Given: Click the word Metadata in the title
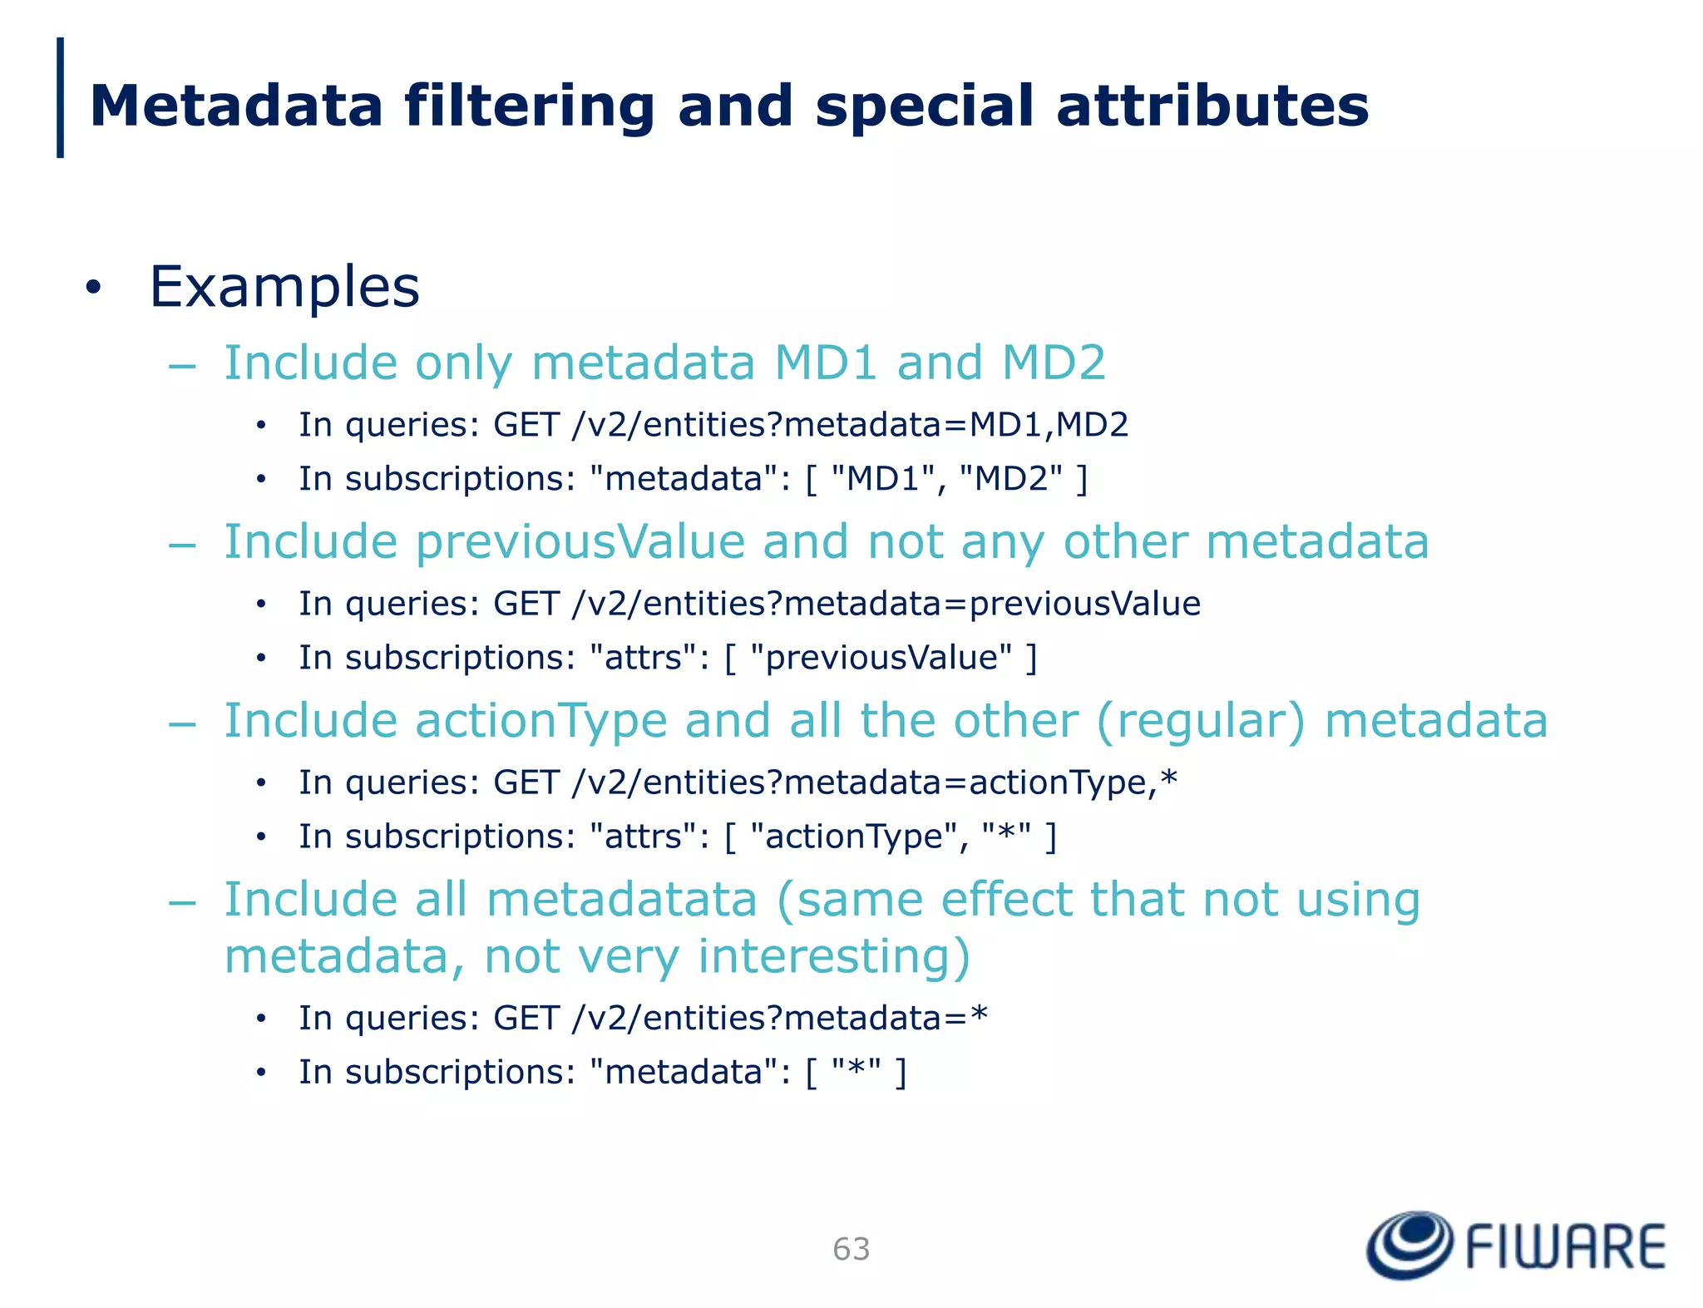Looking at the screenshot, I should (236, 106).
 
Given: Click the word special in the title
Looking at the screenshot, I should (924, 108).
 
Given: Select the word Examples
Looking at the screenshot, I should (284, 287).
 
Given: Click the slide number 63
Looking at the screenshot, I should (851, 1249).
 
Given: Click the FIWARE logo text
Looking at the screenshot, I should (1565, 1247).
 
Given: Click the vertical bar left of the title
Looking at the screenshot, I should (60, 97).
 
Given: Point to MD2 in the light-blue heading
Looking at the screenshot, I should (1054, 363).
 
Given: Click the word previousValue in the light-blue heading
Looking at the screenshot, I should (580, 542).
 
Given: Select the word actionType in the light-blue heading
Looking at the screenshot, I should (541, 721).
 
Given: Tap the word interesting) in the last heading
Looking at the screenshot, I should (834, 956).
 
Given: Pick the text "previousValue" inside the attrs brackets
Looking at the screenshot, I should (881, 658).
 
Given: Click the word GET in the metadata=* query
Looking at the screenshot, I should (526, 1019).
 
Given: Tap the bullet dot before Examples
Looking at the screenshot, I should (93, 288).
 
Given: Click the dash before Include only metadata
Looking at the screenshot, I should (181, 365).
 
